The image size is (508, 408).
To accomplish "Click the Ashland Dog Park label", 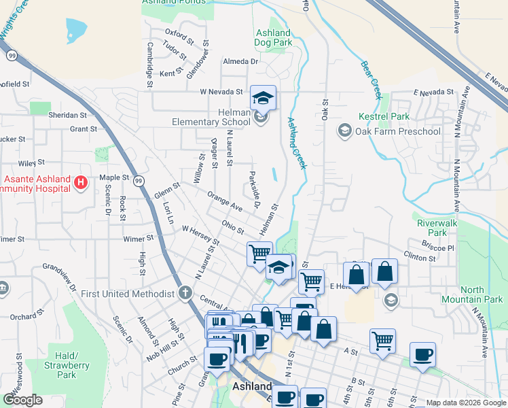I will tap(274, 37).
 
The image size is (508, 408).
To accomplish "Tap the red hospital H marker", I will tap(81, 182).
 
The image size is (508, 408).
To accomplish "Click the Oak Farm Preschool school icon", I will tap(345, 131).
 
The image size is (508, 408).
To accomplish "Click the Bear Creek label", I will tap(372, 76).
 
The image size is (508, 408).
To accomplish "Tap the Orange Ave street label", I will tap(225, 201).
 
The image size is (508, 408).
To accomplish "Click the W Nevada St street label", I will tap(221, 91).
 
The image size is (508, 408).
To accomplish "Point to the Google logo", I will tap(22, 400).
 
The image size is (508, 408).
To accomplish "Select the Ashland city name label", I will tap(252, 386).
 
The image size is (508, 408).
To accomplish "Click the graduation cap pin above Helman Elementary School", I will tap(263, 98).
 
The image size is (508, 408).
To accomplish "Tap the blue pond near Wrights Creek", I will tap(76, 29).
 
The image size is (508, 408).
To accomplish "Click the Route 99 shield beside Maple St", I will tap(139, 181).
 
